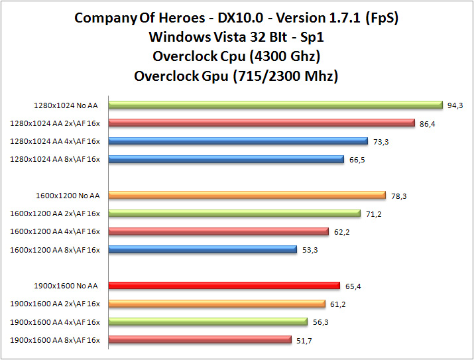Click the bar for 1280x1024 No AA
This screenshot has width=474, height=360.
coord(275,104)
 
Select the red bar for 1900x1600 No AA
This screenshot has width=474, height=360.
coord(224,286)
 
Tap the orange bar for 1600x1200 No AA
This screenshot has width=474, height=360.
coord(247,195)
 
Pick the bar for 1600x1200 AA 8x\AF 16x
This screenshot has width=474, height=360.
coord(202,249)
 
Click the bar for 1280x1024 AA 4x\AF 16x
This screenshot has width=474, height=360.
coord(237,141)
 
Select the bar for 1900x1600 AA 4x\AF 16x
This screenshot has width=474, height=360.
coord(207,322)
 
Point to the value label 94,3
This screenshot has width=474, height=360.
coord(454,104)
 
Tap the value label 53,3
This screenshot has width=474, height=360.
coord(309,249)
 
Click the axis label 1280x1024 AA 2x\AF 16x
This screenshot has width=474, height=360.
coord(55,123)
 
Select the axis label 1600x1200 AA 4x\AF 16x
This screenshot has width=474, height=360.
coord(55,231)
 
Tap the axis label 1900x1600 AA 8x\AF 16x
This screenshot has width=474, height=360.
coord(55,340)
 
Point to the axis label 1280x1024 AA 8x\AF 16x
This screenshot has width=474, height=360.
coord(55,159)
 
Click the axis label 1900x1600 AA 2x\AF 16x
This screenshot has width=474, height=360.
coord(55,304)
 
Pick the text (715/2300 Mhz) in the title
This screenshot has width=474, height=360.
coord(284,76)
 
